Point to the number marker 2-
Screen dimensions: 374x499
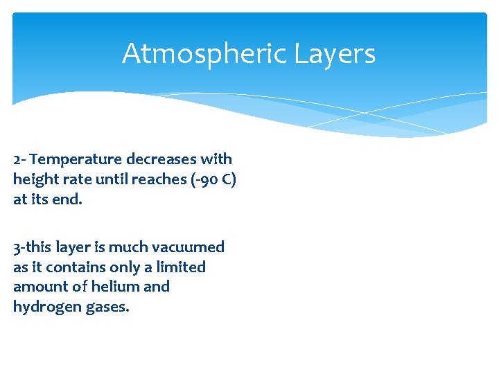pos(19,159)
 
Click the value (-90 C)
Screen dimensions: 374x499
pos(212,179)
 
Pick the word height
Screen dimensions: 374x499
pos(33,179)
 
